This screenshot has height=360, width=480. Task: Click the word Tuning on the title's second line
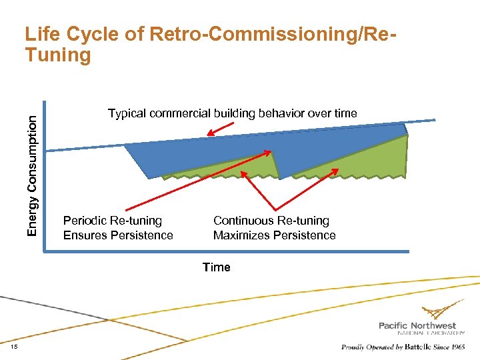point(57,55)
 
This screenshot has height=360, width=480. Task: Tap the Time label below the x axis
point(216,267)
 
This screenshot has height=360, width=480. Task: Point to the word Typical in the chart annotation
point(127,113)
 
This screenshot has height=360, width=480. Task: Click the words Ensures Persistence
point(118,235)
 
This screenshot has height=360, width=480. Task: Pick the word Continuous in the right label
point(243,221)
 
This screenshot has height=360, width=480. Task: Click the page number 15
point(15,347)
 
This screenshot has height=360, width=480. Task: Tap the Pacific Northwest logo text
point(417,325)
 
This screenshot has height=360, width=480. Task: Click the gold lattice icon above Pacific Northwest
point(443,310)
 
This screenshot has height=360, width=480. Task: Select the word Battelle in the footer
point(417,347)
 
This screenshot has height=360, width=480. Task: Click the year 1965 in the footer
point(458,347)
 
